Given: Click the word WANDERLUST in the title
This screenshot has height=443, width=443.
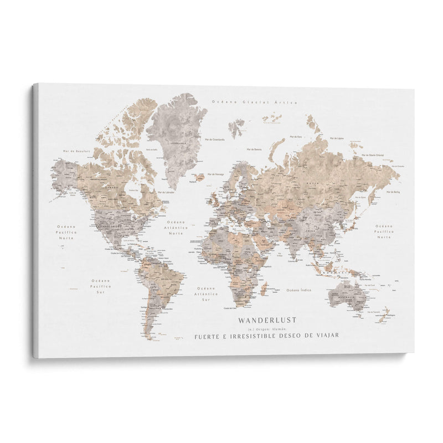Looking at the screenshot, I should [267, 320].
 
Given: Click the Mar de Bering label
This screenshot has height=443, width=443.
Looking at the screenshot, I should [393, 191].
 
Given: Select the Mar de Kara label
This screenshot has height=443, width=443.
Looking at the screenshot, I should [299, 136].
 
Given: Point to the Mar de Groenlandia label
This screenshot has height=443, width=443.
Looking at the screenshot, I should [214, 141].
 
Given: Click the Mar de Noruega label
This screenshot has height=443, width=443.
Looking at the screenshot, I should [215, 174].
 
